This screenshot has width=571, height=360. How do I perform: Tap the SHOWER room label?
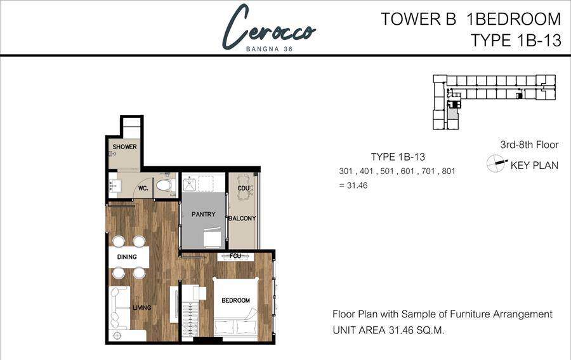pyautogui.click(x=124, y=147)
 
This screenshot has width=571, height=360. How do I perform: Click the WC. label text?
pyautogui.click(x=143, y=189)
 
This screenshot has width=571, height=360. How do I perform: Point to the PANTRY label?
pyautogui.click(x=204, y=214)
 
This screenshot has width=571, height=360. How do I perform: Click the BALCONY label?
pyautogui.click(x=242, y=218)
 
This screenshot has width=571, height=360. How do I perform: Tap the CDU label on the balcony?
pyautogui.click(x=243, y=188)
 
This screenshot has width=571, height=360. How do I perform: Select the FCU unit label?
pyautogui.click(x=235, y=256)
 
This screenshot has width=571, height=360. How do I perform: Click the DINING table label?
pyautogui.click(x=127, y=257)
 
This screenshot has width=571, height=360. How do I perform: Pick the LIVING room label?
pyautogui.click(x=141, y=307)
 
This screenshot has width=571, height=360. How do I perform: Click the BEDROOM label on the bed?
pyautogui.click(x=235, y=300)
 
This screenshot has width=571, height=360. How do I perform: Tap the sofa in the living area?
pyautogui.click(x=119, y=309)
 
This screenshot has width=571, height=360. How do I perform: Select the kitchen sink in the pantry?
pyautogui.click(x=189, y=184)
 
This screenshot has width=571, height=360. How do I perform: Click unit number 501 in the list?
pyautogui.click(x=388, y=171)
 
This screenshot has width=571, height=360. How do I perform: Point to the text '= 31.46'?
pyautogui.click(x=353, y=185)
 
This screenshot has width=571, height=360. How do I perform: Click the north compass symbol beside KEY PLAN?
pyautogui.click(x=496, y=163)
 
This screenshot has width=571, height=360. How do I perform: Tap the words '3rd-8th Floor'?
pyautogui.click(x=529, y=145)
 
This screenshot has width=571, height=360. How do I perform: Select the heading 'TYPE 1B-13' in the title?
pyautogui.click(x=516, y=40)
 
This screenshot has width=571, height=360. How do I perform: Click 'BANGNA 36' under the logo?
pyautogui.click(x=270, y=49)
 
